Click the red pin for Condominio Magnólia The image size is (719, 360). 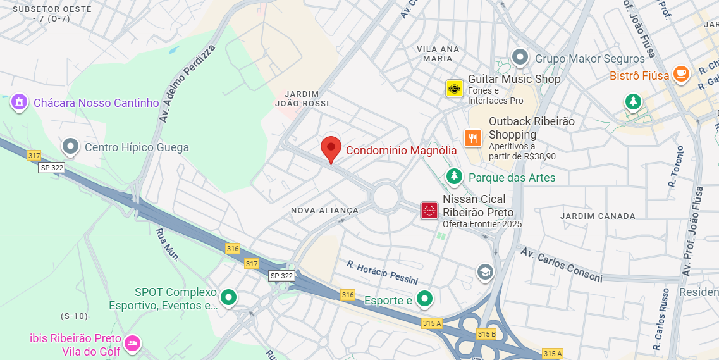331,149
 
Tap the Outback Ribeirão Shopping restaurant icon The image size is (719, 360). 473,137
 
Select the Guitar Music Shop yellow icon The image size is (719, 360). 454,88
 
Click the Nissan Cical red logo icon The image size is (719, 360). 429,211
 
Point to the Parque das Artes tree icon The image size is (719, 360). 453,177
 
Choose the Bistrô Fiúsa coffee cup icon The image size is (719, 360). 681,75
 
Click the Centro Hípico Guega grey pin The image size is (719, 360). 70,147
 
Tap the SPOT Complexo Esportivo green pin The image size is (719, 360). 228,296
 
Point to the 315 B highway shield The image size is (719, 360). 486,333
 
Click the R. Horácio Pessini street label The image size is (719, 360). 382,271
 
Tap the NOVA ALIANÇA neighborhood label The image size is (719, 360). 324,210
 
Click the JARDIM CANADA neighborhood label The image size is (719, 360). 598,216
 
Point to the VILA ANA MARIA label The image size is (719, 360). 438,54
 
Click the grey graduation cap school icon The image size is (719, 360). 485,272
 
